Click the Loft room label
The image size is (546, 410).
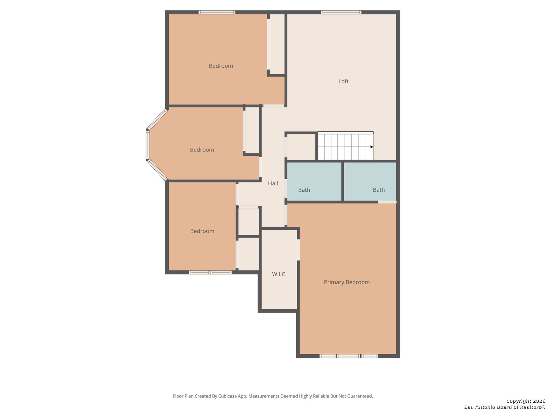tap(343, 81)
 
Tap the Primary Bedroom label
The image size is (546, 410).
tap(347, 282)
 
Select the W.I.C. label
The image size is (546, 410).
tap(279, 274)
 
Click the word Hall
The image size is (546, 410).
tap(273, 183)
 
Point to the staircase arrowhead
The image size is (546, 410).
tap(372, 147)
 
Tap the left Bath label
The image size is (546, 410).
tap(304, 190)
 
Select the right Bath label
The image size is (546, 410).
tap(378, 190)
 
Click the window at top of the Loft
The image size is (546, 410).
tap(341, 12)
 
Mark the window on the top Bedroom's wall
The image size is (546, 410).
tap(217, 12)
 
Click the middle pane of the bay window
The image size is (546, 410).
tap(148, 145)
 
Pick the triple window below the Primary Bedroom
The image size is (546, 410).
tap(348, 356)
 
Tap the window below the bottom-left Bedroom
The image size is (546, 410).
tap(210, 272)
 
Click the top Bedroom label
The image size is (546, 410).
tap(221, 66)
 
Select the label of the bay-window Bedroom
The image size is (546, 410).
tap(202, 150)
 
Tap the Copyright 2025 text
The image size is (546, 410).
tap(525, 401)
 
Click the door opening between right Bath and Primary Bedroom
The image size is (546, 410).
tap(387, 202)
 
